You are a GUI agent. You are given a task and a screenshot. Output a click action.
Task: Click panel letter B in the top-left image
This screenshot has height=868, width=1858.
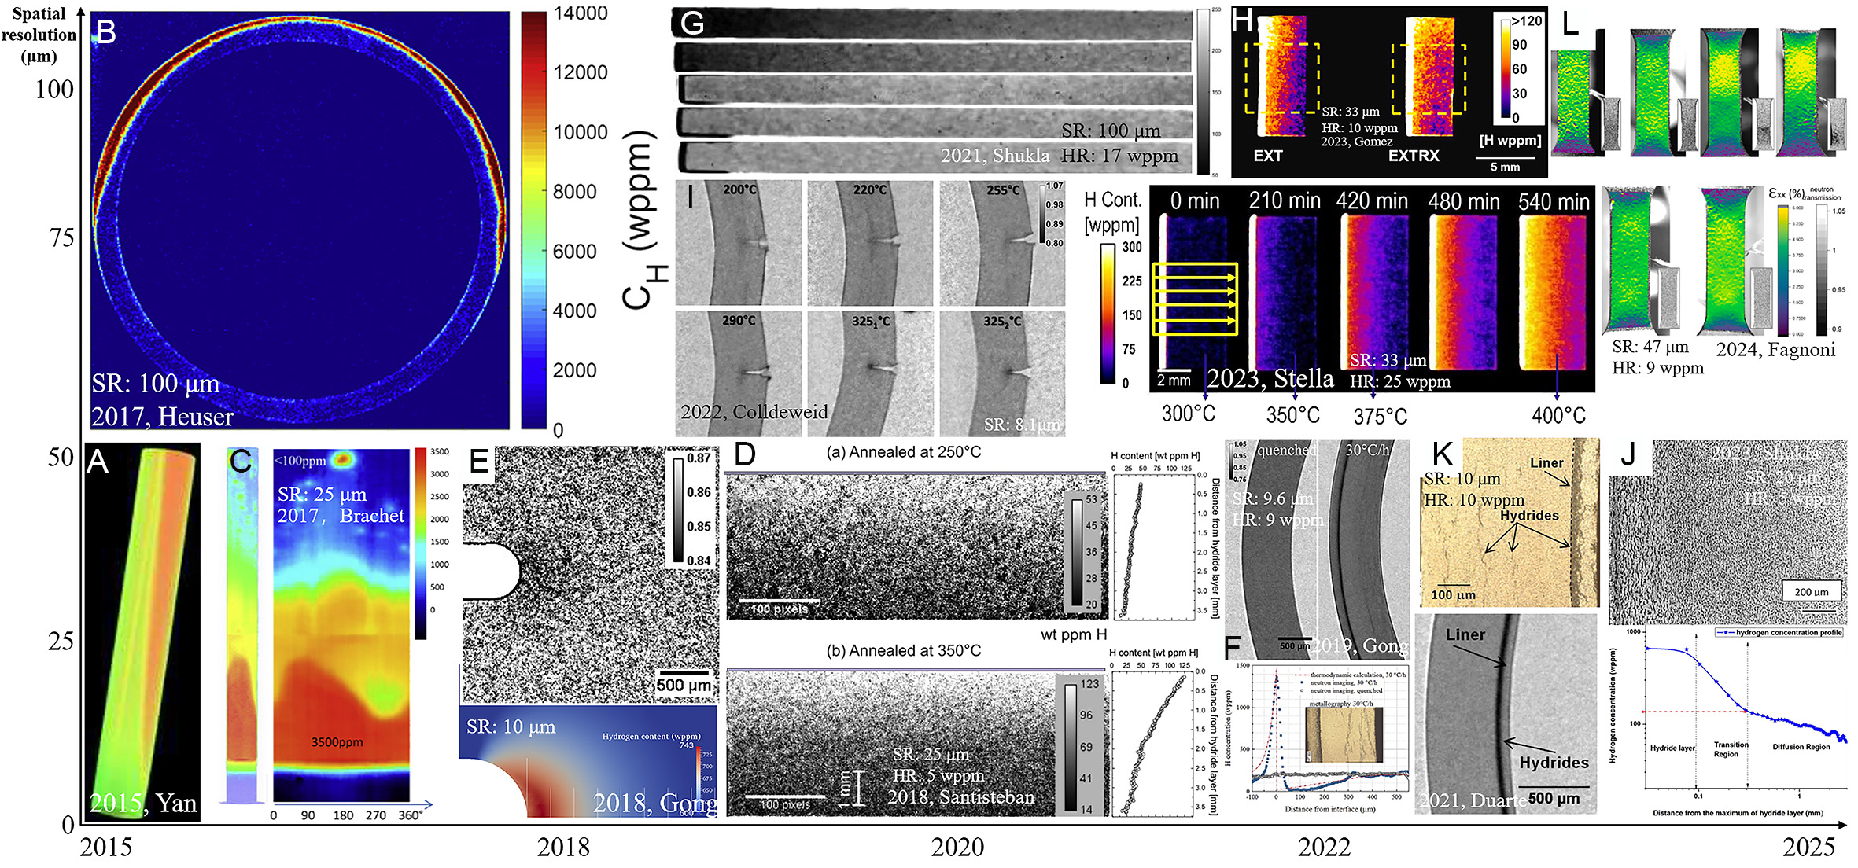click(x=105, y=32)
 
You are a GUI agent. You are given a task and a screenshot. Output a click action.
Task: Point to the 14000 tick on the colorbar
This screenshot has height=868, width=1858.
click(x=581, y=13)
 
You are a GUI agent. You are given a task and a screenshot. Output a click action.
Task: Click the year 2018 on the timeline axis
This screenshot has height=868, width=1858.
click(x=563, y=847)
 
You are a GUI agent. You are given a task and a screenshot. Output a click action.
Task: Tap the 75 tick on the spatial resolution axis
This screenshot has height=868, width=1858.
click(x=61, y=237)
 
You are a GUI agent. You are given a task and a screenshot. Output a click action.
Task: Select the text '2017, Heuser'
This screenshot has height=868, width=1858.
click(x=162, y=417)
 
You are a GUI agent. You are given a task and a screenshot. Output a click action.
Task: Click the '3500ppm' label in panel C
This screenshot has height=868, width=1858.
click(x=337, y=742)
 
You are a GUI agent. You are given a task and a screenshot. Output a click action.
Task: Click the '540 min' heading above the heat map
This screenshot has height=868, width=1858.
click(x=1554, y=201)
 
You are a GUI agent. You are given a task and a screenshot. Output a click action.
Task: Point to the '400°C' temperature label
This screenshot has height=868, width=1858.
click(x=1558, y=415)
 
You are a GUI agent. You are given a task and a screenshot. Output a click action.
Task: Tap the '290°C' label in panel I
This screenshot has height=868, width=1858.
click(x=739, y=321)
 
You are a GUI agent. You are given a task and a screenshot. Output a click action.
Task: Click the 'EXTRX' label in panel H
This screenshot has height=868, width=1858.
click(x=1413, y=156)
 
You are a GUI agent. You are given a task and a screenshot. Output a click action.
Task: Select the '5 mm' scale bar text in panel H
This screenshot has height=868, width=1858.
click(x=1505, y=167)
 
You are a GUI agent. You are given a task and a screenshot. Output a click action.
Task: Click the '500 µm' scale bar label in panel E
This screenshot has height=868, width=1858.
click(x=684, y=685)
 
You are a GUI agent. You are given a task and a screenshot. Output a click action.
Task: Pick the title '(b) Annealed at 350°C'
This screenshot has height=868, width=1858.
click(x=904, y=651)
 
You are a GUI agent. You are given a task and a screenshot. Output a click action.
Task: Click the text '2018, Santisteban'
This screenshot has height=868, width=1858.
click(x=961, y=797)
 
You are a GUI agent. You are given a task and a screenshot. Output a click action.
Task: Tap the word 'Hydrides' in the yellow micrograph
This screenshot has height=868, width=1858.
click(x=1528, y=516)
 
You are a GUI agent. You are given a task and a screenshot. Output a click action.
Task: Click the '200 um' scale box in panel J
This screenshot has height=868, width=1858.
click(x=1811, y=591)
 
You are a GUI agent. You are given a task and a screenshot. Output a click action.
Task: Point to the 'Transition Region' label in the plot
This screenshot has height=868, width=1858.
click(x=1731, y=749)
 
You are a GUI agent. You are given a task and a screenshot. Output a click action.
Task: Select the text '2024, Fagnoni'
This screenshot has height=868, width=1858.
click(x=1775, y=350)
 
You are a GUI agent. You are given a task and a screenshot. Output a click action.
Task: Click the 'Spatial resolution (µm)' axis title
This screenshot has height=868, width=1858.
click(x=39, y=35)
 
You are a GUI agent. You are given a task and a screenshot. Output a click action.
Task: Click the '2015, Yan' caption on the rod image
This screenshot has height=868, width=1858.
click(x=142, y=803)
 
